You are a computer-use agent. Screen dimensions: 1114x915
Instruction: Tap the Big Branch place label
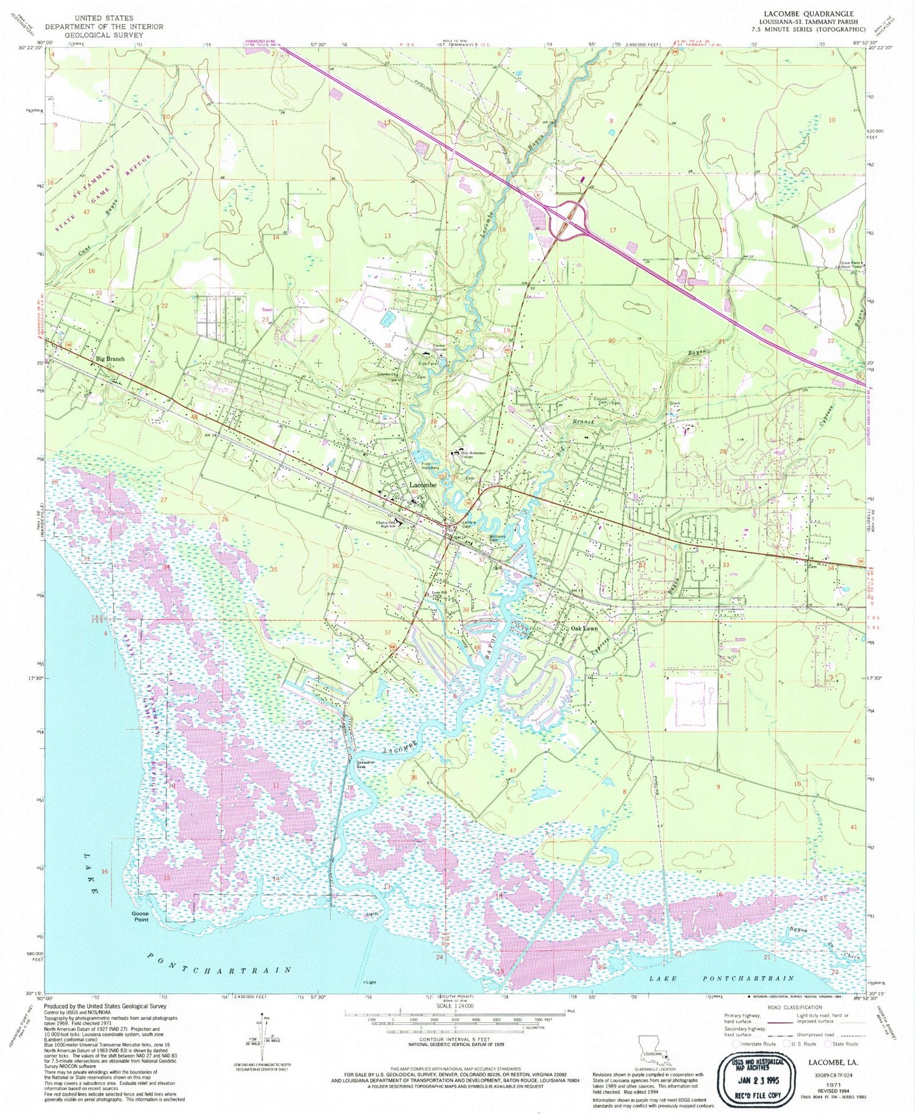pos(110,359)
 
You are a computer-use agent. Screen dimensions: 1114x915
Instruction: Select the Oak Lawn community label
pos(584,628)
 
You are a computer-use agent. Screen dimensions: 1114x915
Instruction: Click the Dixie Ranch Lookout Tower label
pos(849,265)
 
